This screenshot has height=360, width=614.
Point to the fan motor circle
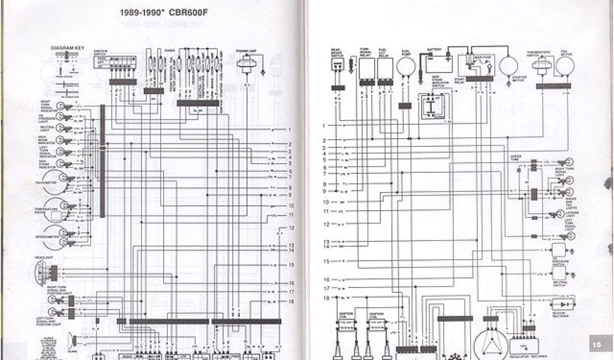564,65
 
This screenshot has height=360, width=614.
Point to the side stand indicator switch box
431,107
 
